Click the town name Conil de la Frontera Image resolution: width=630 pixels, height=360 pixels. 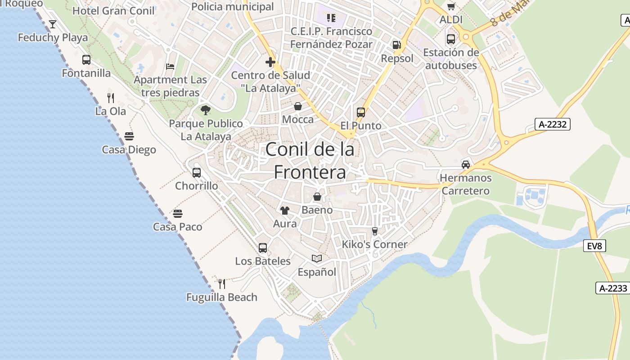[310, 160]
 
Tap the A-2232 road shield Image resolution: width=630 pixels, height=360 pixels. [553, 124]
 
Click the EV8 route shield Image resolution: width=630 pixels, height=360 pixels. [594, 246]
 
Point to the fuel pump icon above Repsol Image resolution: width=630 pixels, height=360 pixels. [396, 45]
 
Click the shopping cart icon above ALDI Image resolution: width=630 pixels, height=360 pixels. [451, 6]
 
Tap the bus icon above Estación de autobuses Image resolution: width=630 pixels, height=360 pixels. [451, 39]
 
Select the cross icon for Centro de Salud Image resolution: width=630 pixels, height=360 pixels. [270, 62]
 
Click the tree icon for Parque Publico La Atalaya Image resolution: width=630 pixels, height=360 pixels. [206, 110]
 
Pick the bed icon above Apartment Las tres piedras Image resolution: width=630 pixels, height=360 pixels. [170, 67]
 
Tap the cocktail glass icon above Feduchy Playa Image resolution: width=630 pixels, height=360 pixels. [53, 24]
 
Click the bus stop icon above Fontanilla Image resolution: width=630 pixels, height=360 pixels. [86, 59]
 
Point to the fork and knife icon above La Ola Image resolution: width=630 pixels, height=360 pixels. [111, 98]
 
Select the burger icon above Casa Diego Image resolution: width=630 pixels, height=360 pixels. [129, 136]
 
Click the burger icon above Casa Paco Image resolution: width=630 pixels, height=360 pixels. [178, 213]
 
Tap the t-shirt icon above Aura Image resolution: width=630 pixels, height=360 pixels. [284, 210]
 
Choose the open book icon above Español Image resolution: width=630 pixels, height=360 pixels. [317, 258]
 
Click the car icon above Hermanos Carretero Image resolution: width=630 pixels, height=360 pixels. [466, 164]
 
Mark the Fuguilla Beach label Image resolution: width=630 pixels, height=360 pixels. [222, 297]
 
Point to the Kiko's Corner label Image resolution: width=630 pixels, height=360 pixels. [374, 244]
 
